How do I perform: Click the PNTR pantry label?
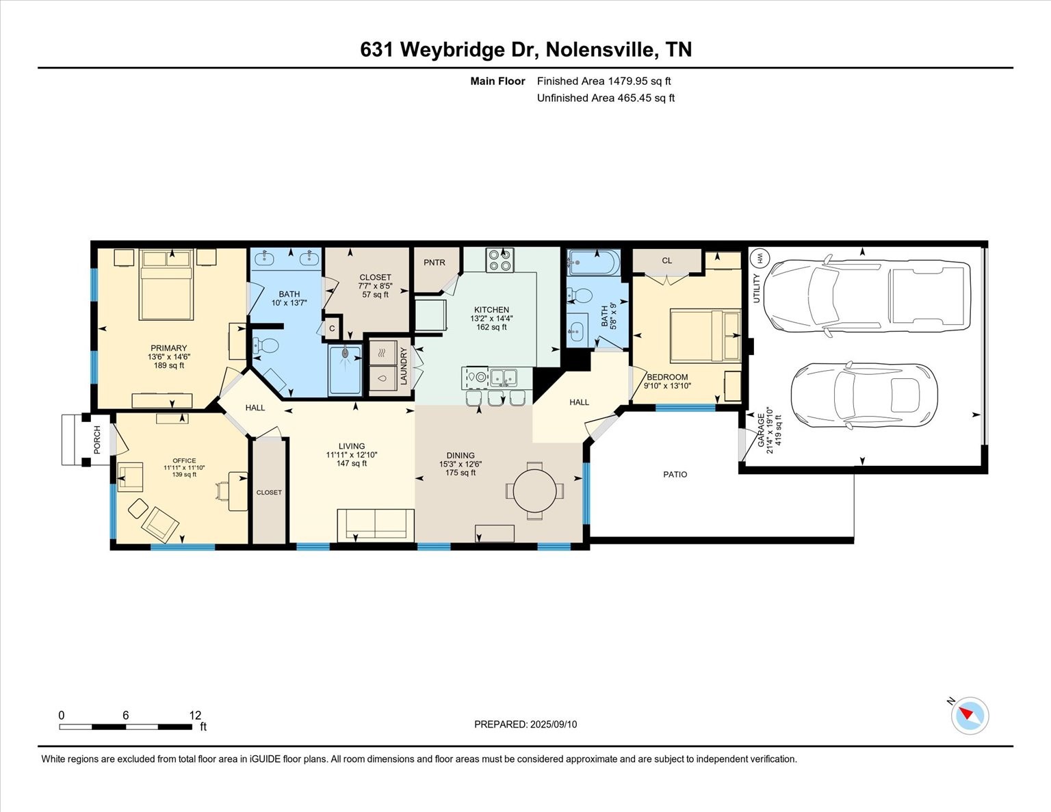[434, 263]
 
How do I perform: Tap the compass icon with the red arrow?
[969, 716]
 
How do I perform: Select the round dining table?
[535, 490]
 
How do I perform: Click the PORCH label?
[97, 440]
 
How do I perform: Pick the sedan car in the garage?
[864, 395]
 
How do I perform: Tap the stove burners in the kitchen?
[499, 261]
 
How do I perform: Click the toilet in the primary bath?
[265, 346]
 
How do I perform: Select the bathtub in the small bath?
[593, 262]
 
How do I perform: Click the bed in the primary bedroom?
[166, 285]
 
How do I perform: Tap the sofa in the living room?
[375, 524]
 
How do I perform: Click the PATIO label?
[675, 475]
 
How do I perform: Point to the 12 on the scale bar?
[195, 715]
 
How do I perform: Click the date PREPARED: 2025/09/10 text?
[525, 724]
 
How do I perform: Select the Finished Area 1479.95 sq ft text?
[604, 81]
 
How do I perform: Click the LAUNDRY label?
[404, 365]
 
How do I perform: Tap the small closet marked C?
[332, 328]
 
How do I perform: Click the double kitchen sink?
[507, 376]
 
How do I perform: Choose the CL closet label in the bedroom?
[666, 261]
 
